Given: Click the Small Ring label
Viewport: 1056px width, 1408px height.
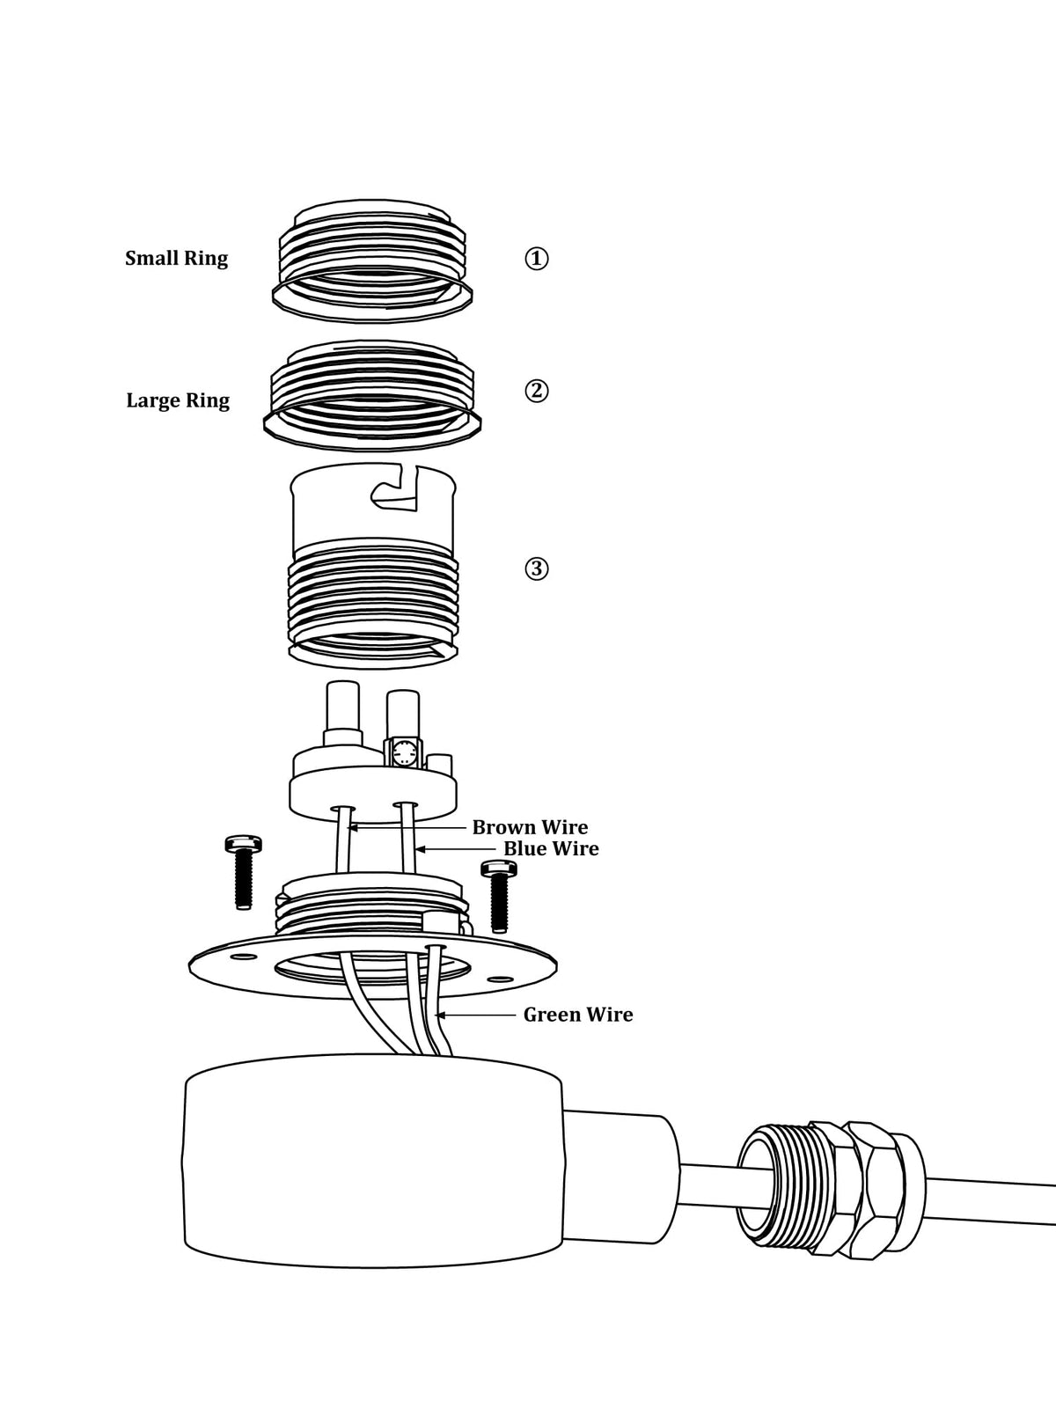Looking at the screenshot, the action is (176, 259).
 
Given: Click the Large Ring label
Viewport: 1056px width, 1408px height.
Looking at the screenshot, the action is (178, 400).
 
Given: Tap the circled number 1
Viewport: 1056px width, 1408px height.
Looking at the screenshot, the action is (537, 259).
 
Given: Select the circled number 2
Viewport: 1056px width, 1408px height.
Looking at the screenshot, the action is (537, 391).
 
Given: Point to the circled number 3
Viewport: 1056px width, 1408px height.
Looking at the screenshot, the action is (537, 568).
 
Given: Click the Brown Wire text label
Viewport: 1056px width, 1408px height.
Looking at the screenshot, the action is (530, 827).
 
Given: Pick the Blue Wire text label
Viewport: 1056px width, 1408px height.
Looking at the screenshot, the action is (551, 848).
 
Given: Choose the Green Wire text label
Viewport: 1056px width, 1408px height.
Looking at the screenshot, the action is (577, 1015).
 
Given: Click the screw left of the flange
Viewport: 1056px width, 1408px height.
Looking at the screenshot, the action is (243, 872).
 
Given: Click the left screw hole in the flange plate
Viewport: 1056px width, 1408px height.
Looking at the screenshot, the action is (243, 957).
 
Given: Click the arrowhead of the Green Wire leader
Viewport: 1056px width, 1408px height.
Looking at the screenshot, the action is (438, 1015).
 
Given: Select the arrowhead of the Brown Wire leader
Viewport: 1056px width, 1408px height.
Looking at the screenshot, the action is (351, 827).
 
